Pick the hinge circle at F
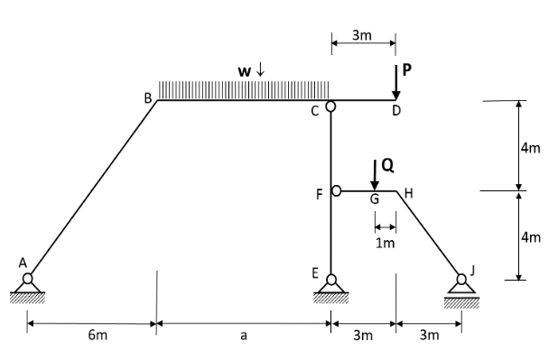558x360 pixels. coord(338,190)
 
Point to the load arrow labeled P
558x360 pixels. coord(395,82)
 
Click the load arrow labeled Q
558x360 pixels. coord(375,174)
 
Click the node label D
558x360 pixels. coord(395,112)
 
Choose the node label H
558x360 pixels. coord(408,192)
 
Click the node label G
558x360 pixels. coord(374,200)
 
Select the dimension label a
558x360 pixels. coord(243,337)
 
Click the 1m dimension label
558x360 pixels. coord(386,243)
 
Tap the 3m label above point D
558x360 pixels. coord(361,36)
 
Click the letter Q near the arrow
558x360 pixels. coord(387,164)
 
